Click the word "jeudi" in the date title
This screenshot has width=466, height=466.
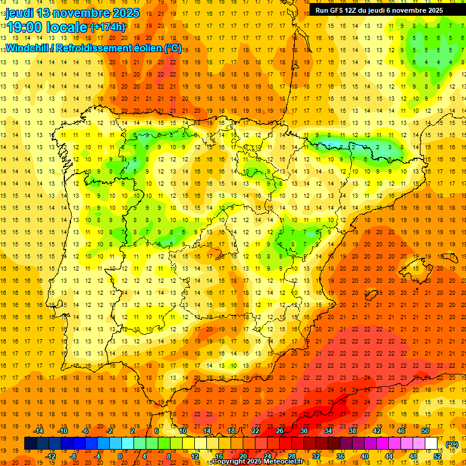tap(21, 13)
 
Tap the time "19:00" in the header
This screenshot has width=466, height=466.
tap(24, 27)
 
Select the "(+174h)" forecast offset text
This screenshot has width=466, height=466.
tap(108, 27)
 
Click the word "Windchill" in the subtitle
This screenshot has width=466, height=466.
tap(27, 48)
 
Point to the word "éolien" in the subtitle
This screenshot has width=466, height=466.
tap(144, 48)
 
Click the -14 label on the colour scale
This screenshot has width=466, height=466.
tap(39, 431)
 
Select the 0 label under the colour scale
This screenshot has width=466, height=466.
tap(120, 456)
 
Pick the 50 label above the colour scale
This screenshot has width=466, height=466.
tap(425, 431)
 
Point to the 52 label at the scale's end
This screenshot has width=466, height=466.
tap(437, 456)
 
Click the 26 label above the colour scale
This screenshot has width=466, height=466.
tap(280, 431)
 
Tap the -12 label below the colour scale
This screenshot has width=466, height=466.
tap(50, 456)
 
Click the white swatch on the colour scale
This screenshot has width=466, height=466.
tap(431, 444)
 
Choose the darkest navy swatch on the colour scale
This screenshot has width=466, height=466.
tap(30, 444)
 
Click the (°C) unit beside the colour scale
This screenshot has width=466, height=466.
tap(452, 444)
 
